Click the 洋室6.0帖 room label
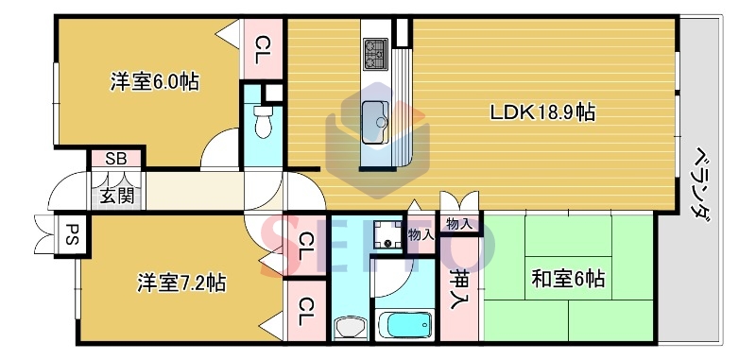click(155, 82)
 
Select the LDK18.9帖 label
click(541, 112)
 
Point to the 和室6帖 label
click(567, 280)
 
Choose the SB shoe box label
click(116, 159)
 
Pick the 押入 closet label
click(459, 281)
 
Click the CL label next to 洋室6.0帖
click(264, 45)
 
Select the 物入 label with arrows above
click(459, 224)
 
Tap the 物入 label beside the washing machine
click(421, 234)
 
